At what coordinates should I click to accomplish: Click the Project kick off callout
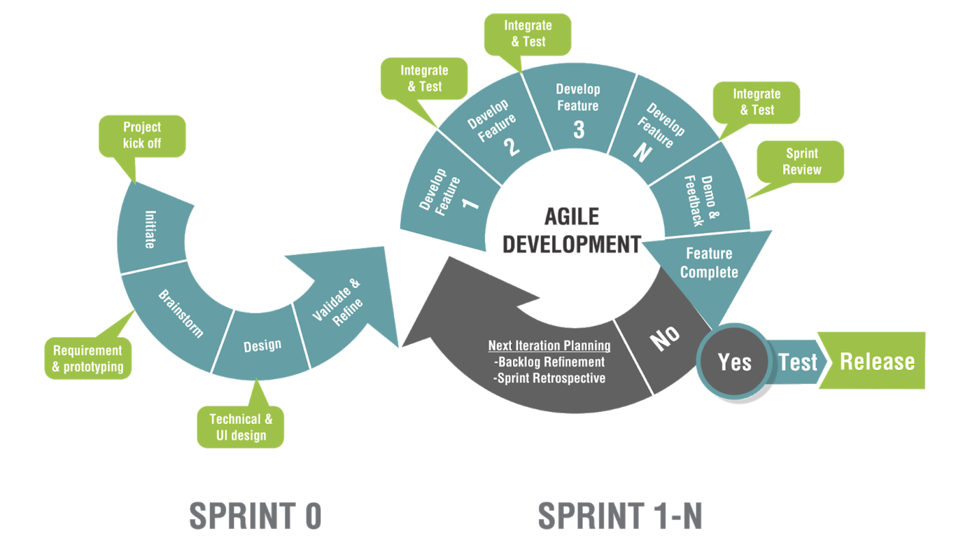click(x=142, y=136)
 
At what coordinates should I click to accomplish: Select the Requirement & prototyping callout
click(x=88, y=358)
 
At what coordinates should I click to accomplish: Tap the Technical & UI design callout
click(x=241, y=427)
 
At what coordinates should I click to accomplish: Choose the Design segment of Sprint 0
click(x=262, y=345)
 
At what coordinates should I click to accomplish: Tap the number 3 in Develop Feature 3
click(x=579, y=130)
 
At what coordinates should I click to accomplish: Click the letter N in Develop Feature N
click(x=642, y=153)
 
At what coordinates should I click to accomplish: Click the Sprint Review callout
click(x=801, y=162)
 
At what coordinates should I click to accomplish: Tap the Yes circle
click(x=734, y=362)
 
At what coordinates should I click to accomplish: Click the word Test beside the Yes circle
click(x=797, y=362)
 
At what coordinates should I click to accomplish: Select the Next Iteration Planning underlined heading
click(x=549, y=345)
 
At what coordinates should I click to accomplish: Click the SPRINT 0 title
click(x=255, y=515)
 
